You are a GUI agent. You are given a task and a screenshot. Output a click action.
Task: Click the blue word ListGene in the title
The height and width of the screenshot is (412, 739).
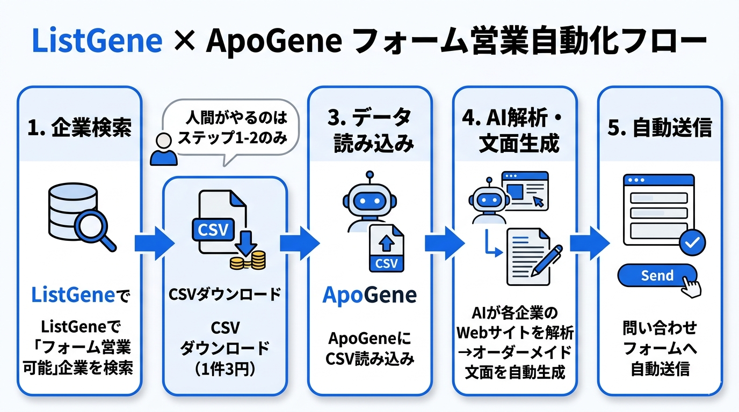97,41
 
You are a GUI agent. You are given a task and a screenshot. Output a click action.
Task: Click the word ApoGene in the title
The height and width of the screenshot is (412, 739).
274,41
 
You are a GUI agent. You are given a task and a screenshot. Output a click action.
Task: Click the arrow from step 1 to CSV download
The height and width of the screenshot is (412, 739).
154,243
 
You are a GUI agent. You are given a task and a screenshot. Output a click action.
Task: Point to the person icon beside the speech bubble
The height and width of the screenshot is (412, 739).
163,150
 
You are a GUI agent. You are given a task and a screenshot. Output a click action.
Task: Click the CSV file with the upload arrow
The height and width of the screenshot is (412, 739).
387,248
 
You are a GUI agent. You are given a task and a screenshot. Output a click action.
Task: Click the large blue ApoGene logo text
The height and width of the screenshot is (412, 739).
369,296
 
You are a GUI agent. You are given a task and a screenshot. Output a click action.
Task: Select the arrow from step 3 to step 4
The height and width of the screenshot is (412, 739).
444,243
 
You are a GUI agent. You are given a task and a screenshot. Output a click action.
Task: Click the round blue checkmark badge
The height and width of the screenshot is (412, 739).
692,243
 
